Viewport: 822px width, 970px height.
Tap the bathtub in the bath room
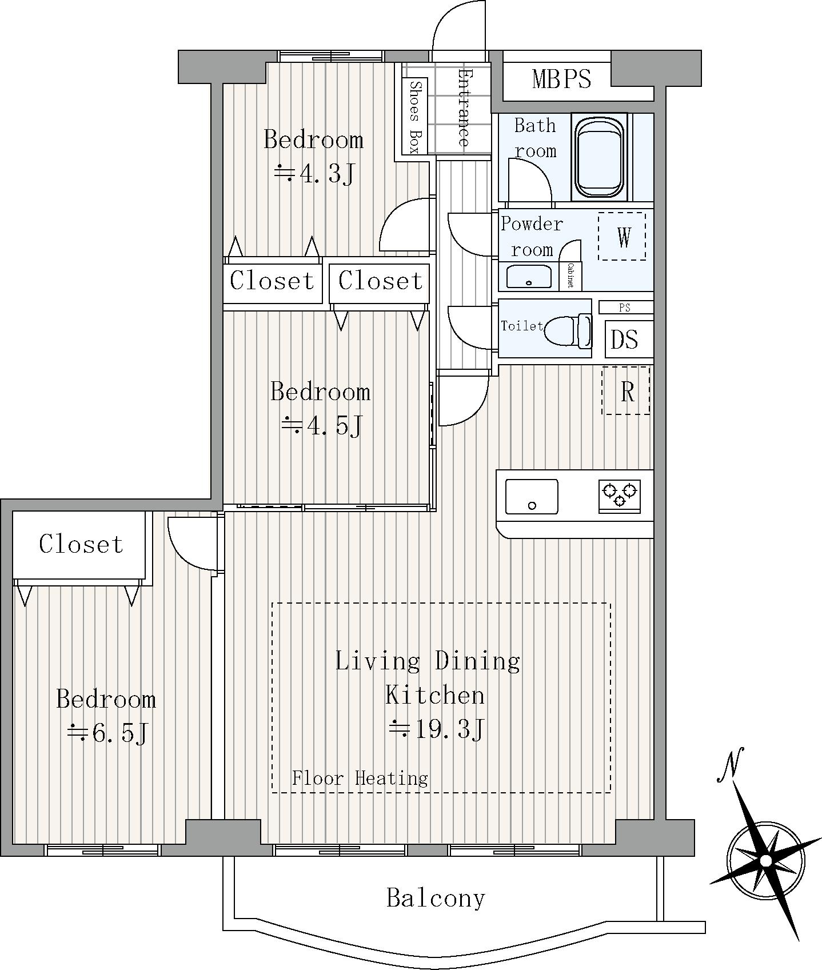tap(599, 157)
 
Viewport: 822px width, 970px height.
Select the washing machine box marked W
tap(622, 236)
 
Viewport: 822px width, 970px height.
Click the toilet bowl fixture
tap(568, 330)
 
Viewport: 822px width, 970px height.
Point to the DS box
tap(624, 340)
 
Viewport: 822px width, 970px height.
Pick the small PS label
tap(625, 308)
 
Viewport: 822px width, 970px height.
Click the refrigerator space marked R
tap(626, 391)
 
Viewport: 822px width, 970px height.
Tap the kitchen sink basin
tap(532, 497)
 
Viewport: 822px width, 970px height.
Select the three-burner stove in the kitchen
tap(619, 496)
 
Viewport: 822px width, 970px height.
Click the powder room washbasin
tap(529, 277)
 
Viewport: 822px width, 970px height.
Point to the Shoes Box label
tap(416, 117)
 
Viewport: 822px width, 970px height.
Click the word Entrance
tap(464, 108)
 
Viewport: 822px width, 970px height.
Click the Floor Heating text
tap(360, 779)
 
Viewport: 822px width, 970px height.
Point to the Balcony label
tap(436, 898)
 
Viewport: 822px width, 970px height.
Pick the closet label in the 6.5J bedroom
tap(81, 544)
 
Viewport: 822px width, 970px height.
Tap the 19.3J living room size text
tap(437, 729)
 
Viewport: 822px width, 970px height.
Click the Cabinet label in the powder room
tap(571, 276)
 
